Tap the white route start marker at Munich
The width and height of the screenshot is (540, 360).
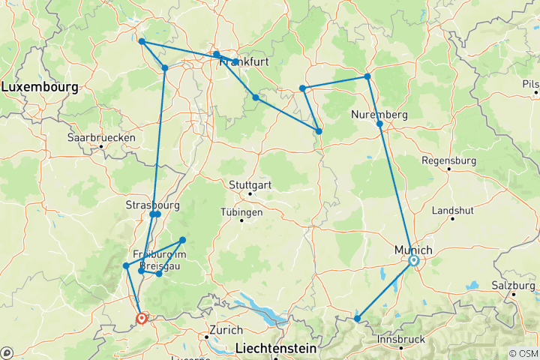(x=413, y=261)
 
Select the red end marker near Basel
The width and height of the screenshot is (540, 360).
(x=141, y=319)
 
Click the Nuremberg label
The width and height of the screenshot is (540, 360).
(x=379, y=115)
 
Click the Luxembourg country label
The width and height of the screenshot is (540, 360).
(x=39, y=88)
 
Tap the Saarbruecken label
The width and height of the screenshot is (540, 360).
(x=101, y=137)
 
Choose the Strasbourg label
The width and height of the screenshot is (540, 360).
(x=152, y=204)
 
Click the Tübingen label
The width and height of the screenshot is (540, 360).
(x=241, y=212)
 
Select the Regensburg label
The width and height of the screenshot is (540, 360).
(x=448, y=160)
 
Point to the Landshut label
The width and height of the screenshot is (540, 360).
(x=452, y=209)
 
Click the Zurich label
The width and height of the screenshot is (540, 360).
(x=226, y=330)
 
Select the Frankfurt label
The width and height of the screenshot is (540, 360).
(x=242, y=63)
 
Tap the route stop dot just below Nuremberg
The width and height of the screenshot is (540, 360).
(x=379, y=124)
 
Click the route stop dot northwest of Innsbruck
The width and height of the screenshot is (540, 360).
(x=357, y=319)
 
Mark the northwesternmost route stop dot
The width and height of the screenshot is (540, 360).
(x=141, y=41)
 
